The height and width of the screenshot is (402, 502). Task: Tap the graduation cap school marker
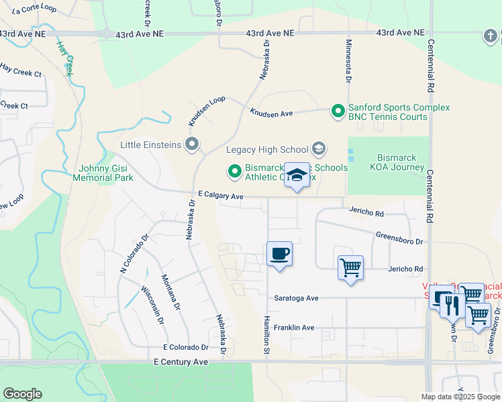pyautogui.click(x=297, y=176)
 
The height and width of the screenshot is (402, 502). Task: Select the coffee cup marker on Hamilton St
pyautogui.click(x=279, y=255)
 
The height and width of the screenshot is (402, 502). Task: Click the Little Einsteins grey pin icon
pyautogui.click(x=193, y=144)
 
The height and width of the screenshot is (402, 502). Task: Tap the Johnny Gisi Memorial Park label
pyautogui.click(x=106, y=173)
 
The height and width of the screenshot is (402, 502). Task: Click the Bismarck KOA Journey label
pyautogui.click(x=392, y=163)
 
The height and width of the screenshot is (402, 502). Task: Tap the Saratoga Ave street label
pyautogui.click(x=295, y=297)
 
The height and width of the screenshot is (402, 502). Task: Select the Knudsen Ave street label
pyautogui.click(x=271, y=113)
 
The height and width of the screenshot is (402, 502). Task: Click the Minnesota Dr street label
pyautogui.click(x=348, y=60)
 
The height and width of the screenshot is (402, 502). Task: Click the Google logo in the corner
pyautogui.click(x=22, y=394)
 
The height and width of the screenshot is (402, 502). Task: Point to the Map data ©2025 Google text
pyautogui.click(x=460, y=397)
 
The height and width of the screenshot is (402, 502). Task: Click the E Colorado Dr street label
pyautogui.click(x=186, y=348)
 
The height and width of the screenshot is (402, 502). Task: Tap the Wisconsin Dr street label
pyautogui.click(x=152, y=306)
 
